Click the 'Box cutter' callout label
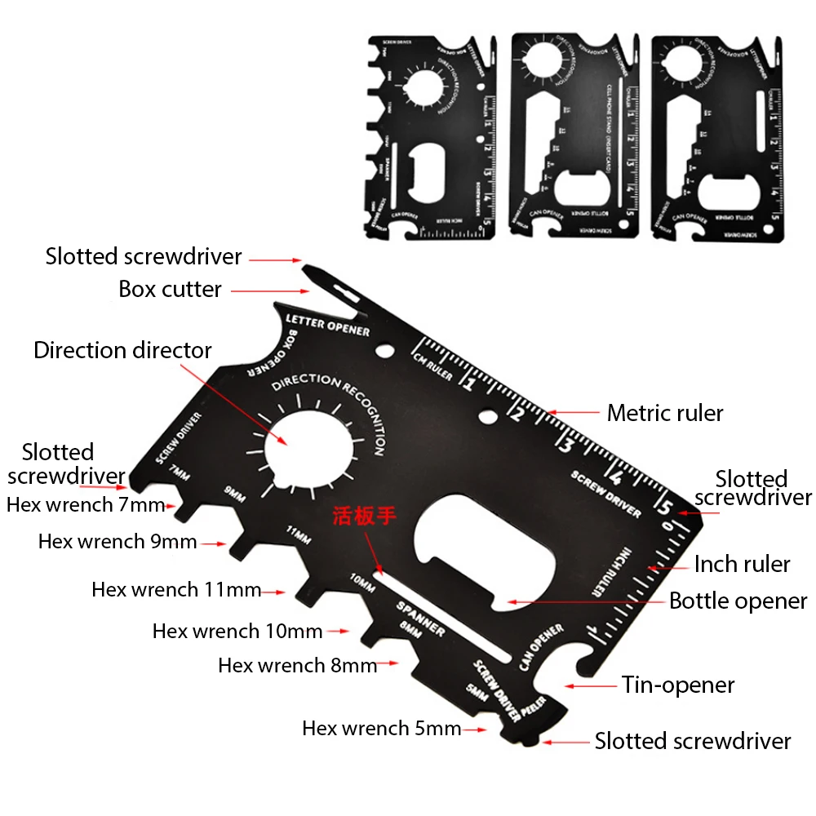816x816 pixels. coord(170,289)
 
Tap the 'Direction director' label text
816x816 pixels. coord(122,350)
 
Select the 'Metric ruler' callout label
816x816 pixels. coord(665,413)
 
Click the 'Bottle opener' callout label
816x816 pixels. coord(738,601)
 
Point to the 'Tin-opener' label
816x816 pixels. coord(678,685)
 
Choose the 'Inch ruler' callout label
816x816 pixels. coord(742,564)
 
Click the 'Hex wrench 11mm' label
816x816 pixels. coord(176,589)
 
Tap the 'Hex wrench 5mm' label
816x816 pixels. coord(382,728)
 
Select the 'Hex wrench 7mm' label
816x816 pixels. coord(86,504)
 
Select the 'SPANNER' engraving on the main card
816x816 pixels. coord(420,619)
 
